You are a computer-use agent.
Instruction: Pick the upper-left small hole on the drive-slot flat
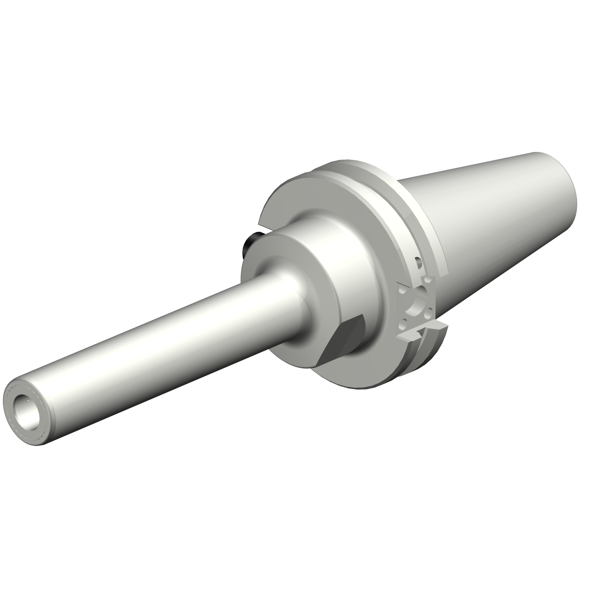[x=401, y=290]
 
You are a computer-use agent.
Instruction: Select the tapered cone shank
[x=492, y=221]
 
